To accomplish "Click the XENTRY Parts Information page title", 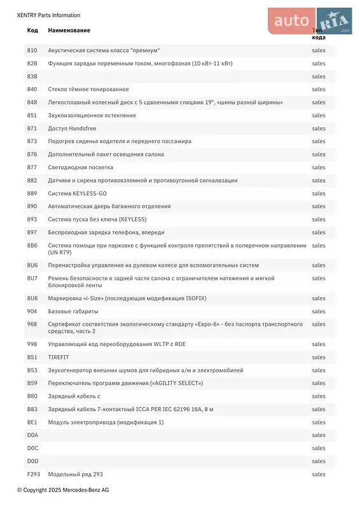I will [49, 15].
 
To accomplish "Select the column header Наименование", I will [69, 31].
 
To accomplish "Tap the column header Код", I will [32, 31].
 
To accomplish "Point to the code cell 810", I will [32, 50].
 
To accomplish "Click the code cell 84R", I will [32, 102].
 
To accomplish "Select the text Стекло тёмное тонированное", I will [88, 90].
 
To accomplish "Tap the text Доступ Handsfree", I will [73, 129].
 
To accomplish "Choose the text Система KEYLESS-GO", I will [78, 193].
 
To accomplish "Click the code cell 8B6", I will [32, 246].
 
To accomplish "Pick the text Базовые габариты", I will [73, 311].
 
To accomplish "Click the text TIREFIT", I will [59, 358].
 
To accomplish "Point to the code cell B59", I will [32, 383].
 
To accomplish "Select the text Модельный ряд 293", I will [76, 475].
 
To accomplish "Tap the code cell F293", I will [33, 475].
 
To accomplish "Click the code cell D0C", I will [32, 449].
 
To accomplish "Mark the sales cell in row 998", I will [319, 344].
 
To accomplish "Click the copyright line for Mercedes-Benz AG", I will [63, 490].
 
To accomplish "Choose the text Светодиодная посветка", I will [81, 167].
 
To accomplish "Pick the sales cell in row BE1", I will [319, 422].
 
